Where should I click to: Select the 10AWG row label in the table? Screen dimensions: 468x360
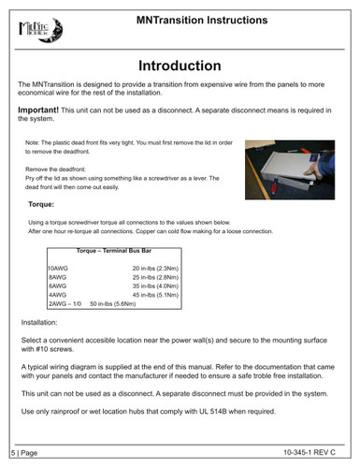59,269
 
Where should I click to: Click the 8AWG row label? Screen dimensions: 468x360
57,278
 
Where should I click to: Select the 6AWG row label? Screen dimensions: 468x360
57,286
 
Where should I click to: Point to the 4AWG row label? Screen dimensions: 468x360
57,296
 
